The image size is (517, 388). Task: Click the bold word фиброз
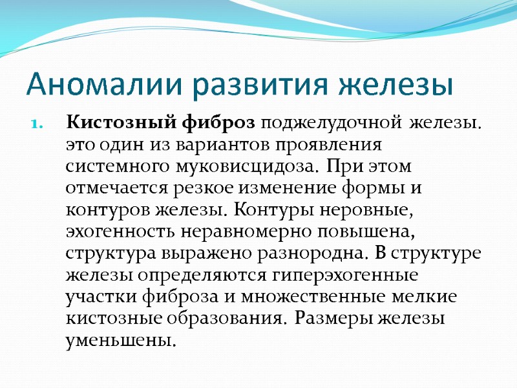pyautogui.click(x=212, y=122)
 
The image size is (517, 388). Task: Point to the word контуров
pyautogui.click(x=106, y=210)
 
